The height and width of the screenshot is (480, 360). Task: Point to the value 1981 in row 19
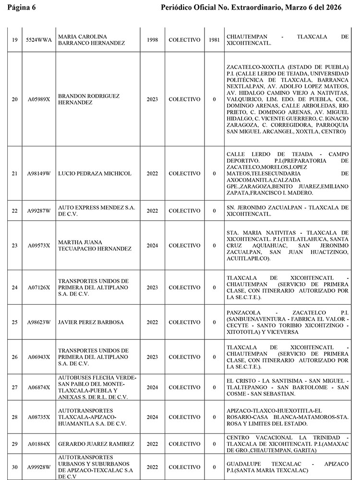point(214,40)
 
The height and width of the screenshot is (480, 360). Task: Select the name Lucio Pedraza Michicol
point(94,174)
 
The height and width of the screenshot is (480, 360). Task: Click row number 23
point(14,245)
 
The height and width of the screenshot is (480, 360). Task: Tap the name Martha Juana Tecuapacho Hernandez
point(94,245)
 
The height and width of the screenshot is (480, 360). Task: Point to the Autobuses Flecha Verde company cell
point(97,387)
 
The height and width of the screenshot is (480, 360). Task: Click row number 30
point(14,467)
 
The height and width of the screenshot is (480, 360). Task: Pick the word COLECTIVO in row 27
point(184,387)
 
